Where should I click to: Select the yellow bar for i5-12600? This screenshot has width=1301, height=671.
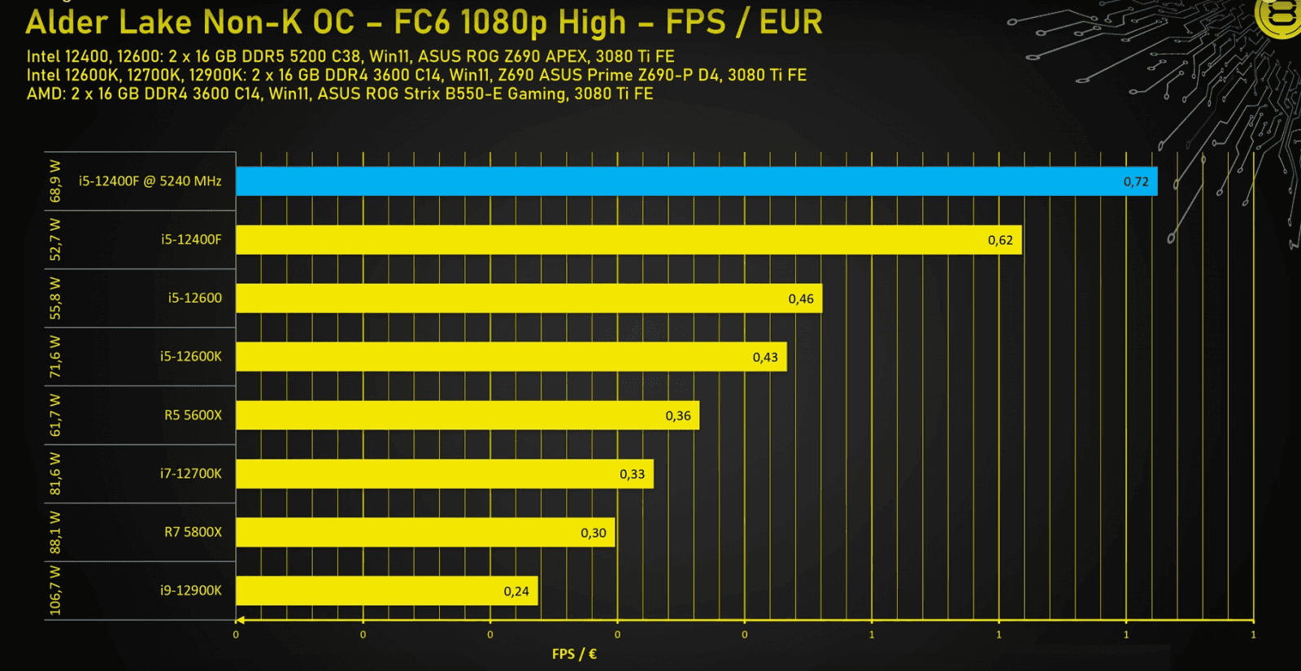(x=529, y=298)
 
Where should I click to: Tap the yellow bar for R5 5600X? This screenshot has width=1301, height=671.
(x=468, y=416)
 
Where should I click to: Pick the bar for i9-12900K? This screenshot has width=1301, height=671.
(x=387, y=591)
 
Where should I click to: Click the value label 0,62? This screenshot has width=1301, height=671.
(x=1000, y=240)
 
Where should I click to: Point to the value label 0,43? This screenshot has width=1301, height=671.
(x=765, y=357)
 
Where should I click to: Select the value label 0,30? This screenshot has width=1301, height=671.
(x=594, y=533)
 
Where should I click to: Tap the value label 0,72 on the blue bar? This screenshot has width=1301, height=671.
(x=1136, y=181)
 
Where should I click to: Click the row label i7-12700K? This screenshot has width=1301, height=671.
(x=190, y=473)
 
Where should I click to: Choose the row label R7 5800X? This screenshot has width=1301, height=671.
(x=193, y=532)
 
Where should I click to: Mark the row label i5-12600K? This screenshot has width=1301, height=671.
(x=190, y=356)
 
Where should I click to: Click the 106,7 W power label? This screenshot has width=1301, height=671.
(x=55, y=590)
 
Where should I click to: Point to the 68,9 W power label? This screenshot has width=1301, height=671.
(x=55, y=181)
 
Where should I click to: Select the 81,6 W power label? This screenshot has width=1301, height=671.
(x=55, y=473)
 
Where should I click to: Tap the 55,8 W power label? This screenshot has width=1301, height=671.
(x=55, y=298)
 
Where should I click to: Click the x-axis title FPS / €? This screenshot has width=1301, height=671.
(x=574, y=654)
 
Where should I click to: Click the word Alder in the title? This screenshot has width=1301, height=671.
(x=67, y=23)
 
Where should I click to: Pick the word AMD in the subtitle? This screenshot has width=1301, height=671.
(x=45, y=94)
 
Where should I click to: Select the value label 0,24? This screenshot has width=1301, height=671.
(x=516, y=591)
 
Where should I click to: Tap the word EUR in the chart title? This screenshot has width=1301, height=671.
(x=790, y=23)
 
